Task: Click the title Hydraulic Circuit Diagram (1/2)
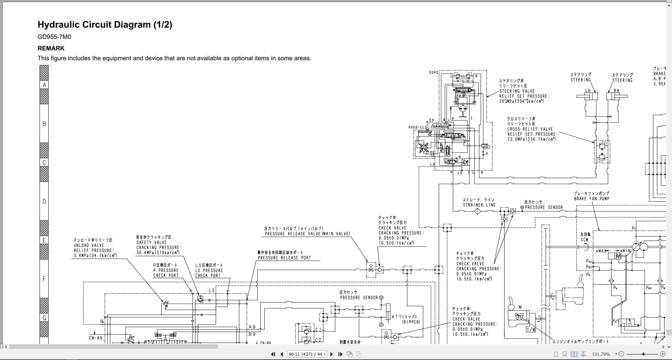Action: coord(105,25)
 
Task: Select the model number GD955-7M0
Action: coord(54,37)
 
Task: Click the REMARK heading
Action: coord(51,48)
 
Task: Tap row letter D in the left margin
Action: coord(44,201)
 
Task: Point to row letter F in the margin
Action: coord(44,279)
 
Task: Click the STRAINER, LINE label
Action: coord(479,205)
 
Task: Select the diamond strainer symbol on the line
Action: coord(477,211)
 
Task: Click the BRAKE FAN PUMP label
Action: coord(591,199)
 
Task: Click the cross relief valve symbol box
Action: coord(602,152)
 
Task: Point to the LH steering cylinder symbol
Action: coord(587,96)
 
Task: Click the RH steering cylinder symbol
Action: coord(617,96)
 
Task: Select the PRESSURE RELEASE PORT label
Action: coord(284,258)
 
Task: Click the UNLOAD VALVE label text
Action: coord(89,245)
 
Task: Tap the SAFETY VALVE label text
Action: coord(152,242)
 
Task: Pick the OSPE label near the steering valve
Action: coord(434,73)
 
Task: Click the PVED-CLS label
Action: coord(418,127)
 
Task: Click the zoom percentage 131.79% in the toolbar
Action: coord(601,354)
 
